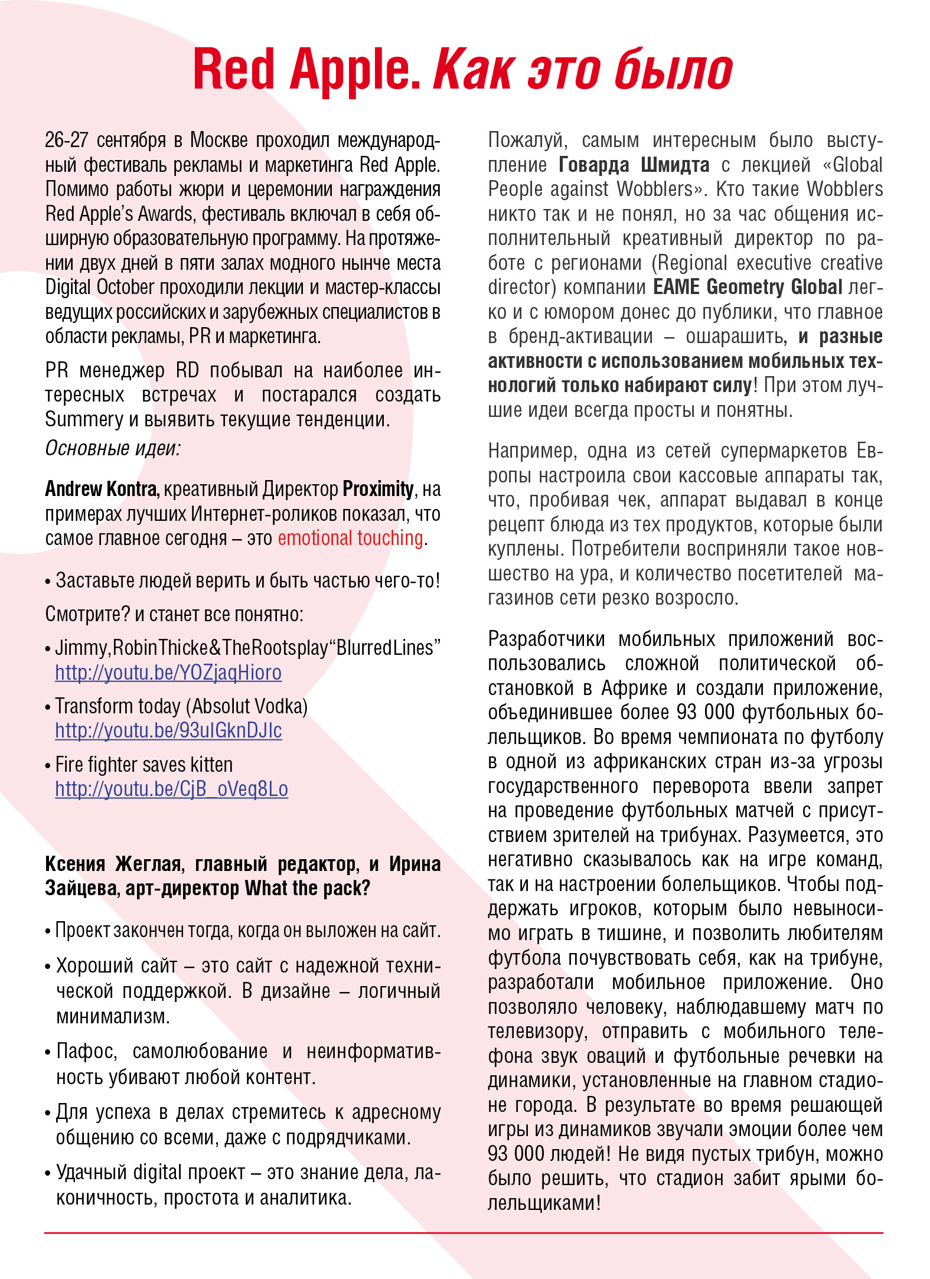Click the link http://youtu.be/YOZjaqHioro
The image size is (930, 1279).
(168, 673)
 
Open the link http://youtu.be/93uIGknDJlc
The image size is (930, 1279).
(168, 730)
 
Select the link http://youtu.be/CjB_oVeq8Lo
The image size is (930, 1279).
(171, 789)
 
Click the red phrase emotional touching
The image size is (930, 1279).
(350, 538)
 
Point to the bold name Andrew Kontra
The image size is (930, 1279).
(102, 489)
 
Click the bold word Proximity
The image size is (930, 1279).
(378, 489)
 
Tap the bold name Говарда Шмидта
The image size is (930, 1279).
(634, 165)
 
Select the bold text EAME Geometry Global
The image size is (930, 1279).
(748, 287)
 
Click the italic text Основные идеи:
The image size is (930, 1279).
(112, 448)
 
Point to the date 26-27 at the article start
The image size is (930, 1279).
(67, 141)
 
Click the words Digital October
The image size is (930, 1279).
(100, 287)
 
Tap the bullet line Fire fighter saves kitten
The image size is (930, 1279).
(143, 765)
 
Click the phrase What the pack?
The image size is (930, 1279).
(307, 888)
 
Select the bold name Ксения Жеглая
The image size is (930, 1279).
(112, 864)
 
